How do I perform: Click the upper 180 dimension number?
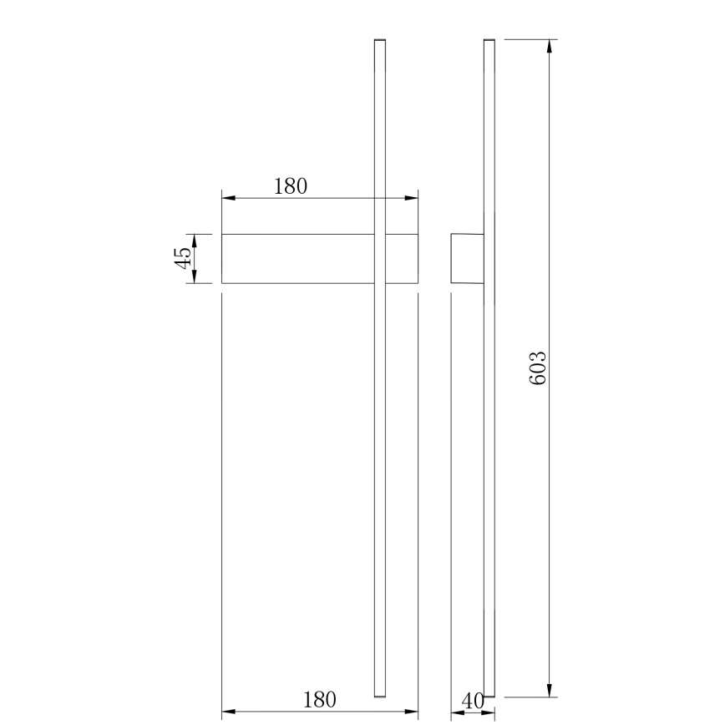click(x=291, y=186)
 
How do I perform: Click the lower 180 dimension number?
click(x=319, y=699)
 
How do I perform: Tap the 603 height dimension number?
click(x=538, y=368)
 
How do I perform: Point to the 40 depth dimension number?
click(x=473, y=702)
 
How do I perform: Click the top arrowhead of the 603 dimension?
click(x=549, y=46)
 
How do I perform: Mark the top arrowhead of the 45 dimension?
click(x=193, y=241)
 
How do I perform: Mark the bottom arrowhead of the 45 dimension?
click(x=193, y=277)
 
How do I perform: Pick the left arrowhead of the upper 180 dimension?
click(x=228, y=198)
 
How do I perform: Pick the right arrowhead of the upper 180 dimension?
click(x=411, y=198)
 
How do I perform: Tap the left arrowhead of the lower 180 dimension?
click(x=228, y=712)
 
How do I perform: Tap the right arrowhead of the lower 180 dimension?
click(x=411, y=712)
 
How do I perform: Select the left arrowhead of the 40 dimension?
click(x=457, y=713)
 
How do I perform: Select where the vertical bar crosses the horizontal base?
click(x=380, y=259)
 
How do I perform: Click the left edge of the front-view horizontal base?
click(x=221, y=259)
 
